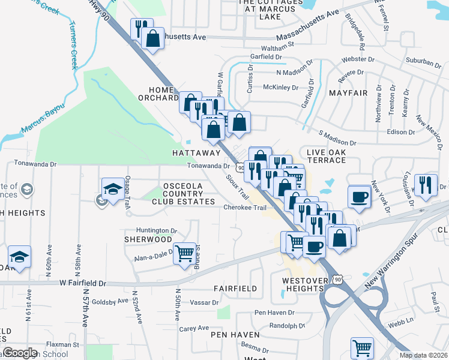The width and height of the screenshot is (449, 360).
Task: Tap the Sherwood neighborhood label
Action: pos(148,239)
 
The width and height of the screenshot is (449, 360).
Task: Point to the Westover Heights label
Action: pos(305,284)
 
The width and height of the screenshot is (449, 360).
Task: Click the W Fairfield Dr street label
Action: pos(83,283)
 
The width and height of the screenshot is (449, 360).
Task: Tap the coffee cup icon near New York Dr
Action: pos(359,197)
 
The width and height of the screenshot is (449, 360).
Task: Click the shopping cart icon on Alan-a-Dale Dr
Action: pos(184,253)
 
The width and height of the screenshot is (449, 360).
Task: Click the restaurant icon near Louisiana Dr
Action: pos(426,185)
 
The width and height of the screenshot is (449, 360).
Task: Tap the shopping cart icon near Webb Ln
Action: pos(362,347)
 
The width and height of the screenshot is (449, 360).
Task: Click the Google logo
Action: pos(21,353)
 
